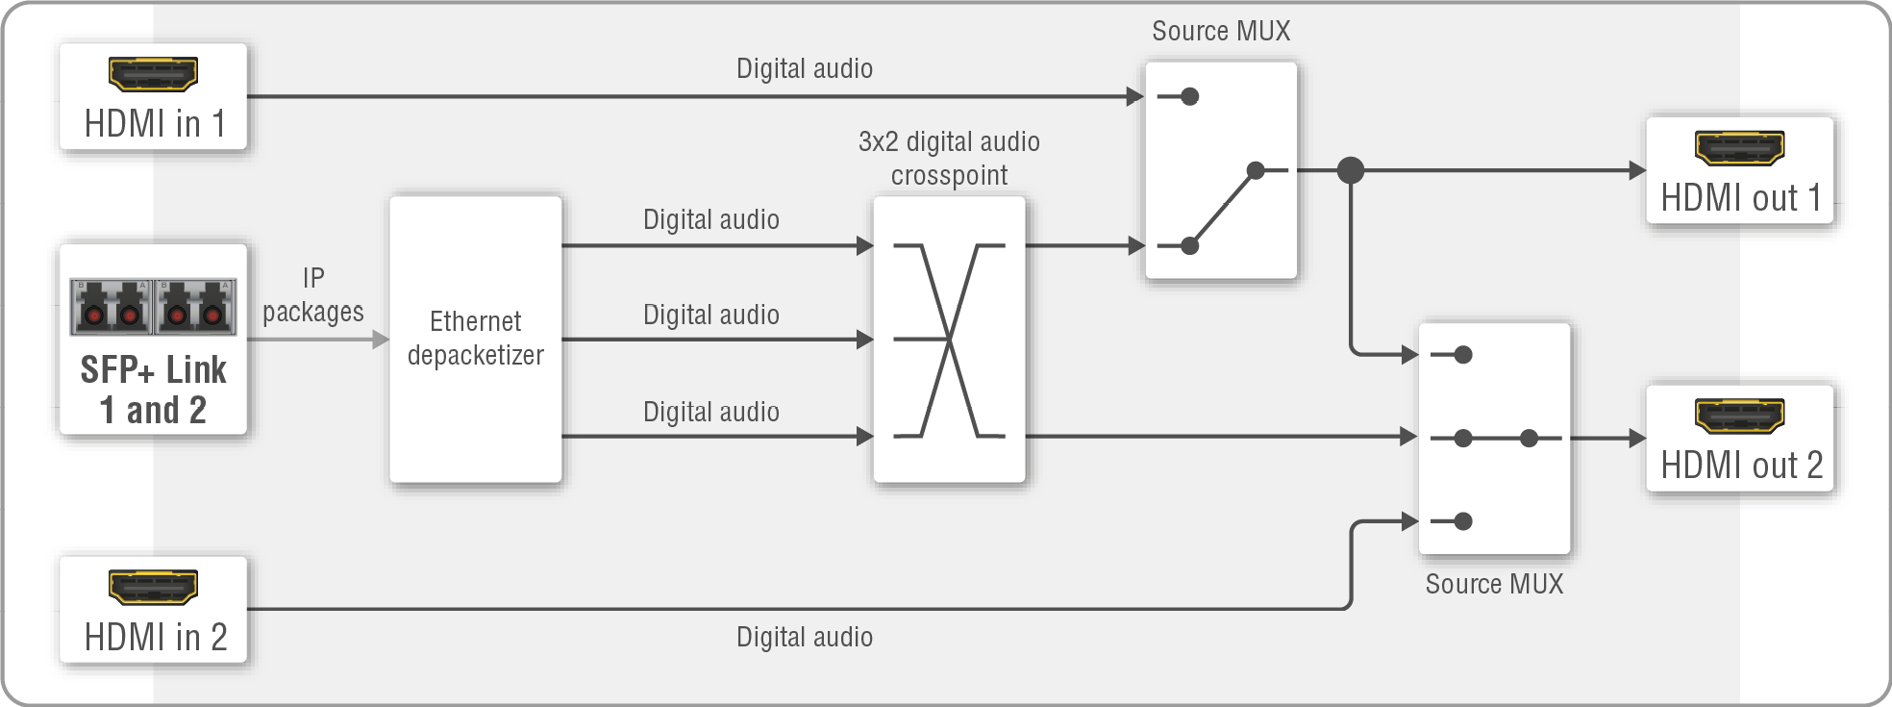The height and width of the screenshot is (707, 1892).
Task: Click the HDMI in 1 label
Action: [154, 124]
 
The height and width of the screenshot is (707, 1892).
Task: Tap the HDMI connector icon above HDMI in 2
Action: [153, 587]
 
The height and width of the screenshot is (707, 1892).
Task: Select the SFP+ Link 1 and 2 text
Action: [154, 390]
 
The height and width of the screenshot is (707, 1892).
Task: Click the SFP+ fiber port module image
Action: [153, 307]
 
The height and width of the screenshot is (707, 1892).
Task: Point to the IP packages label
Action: [313, 295]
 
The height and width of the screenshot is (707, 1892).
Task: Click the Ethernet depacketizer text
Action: [475, 338]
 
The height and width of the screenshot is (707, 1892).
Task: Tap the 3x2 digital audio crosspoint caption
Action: [949, 159]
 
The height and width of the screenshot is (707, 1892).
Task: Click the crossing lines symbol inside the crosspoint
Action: [949, 341]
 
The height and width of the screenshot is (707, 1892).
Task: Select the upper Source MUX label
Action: [1221, 32]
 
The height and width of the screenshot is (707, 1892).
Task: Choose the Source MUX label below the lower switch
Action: [1494, 584]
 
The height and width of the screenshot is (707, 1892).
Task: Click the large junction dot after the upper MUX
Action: [1351, 170]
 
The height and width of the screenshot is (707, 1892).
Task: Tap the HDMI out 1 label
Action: [1741, 198]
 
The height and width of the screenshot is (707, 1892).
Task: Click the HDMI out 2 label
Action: [1741, 466]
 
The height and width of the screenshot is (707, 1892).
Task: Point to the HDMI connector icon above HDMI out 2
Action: [1739, 415]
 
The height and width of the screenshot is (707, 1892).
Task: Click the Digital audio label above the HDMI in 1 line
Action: [805, 69]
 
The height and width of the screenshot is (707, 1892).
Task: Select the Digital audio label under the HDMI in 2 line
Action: [805, 637]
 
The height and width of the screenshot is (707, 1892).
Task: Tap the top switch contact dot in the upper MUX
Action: [1190, 96]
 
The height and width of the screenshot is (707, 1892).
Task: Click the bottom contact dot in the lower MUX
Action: [1463, 521]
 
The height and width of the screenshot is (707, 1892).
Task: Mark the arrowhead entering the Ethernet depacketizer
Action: [381, 340]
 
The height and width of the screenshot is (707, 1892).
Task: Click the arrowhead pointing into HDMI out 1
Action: [1637, 170]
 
